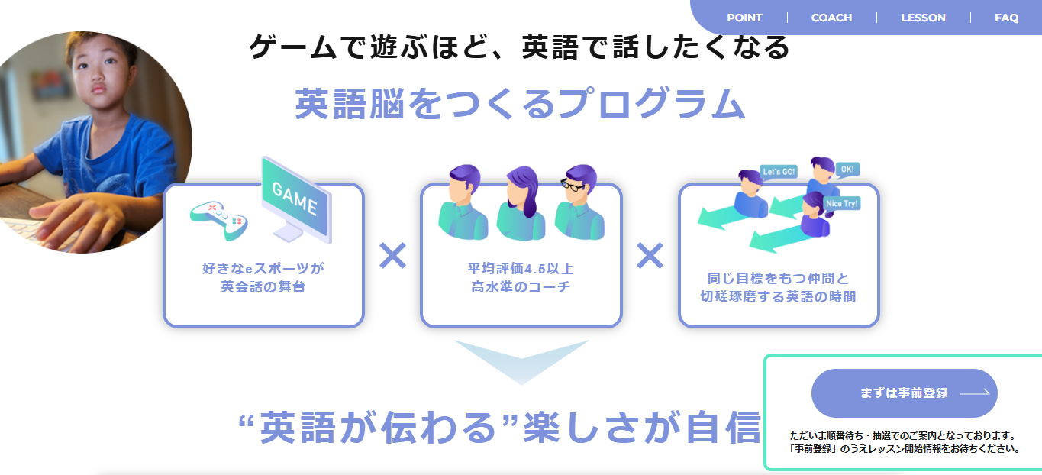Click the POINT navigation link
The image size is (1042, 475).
coord(744,18)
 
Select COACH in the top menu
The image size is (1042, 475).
coord(831,18)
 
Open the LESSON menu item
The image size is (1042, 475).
coord(923,18)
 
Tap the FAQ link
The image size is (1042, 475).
coord(1006,18)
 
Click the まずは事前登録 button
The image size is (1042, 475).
coord(904,393)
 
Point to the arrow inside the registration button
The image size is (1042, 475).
coord(974,393)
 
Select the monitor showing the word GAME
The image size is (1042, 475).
coord(295,199)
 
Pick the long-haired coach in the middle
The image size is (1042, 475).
coord(521,203)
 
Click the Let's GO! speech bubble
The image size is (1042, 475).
coord(779,172)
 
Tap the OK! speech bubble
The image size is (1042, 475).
coord(847,169)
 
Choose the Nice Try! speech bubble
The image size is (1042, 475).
coord(842,203)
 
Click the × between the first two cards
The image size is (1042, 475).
coord(392,256)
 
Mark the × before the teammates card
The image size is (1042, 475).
coord(650,256)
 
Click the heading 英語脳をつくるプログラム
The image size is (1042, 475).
coord(519,104)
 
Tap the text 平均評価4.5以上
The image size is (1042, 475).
coord(521,269)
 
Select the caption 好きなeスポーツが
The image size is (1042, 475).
coord(263,269)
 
